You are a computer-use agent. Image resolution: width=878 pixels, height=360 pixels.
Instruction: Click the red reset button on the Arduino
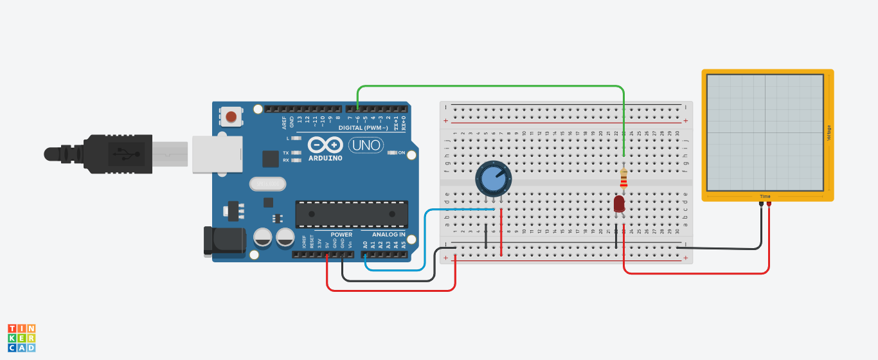coord(231,117)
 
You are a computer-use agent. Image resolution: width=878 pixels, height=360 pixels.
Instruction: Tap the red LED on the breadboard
coord(619,204)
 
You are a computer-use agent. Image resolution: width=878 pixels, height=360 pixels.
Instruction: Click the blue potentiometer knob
coord(493,179)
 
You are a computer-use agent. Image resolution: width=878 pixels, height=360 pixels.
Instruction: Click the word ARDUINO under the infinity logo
coord(326,158)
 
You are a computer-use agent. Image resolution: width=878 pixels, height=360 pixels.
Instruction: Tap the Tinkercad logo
coord(22,337)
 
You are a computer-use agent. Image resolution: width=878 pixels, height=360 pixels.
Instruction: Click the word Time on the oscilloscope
coord(765,196)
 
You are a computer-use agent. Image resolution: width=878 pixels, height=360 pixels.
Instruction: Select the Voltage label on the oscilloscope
coord(829,132)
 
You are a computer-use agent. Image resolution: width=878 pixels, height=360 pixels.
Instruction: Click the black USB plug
coord(119,154)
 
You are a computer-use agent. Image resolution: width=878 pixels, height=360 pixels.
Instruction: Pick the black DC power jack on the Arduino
coord(224,240)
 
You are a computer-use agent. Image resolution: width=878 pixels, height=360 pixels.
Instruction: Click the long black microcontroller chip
coord(351,213)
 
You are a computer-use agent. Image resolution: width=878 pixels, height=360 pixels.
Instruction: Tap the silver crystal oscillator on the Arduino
coord(267,184)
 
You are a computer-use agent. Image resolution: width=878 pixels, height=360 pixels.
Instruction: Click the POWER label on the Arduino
coord(342,235)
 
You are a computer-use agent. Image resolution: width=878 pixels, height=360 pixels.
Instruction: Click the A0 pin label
coord(365,244)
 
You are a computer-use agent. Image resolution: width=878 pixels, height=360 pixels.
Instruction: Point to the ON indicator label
coord(402,153)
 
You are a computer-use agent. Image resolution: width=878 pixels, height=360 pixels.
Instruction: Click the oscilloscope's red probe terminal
coord(769,204)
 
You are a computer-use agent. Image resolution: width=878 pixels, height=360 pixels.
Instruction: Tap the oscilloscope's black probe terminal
coord(761,204)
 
